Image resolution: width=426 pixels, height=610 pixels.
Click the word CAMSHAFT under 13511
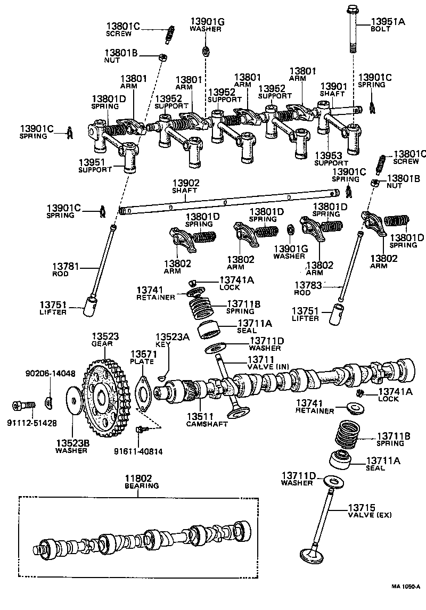[207, 424]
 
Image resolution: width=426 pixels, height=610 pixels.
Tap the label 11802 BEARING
[142, 482]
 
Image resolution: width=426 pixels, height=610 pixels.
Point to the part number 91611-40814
[138, 451]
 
